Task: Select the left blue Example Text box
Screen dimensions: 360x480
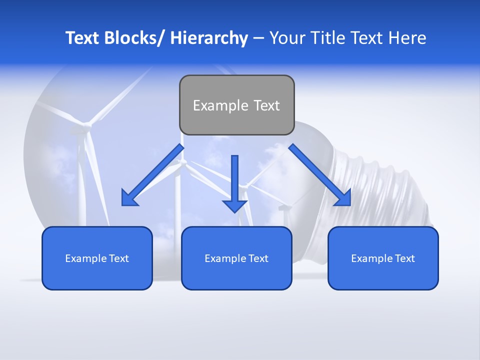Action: coord(97,272)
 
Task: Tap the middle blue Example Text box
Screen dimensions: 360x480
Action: coord(236,272)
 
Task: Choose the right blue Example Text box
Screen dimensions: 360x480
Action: coord(383,272)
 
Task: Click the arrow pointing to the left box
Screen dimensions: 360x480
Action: coord(152,175)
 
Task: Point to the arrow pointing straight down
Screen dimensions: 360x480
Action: coord(234,180)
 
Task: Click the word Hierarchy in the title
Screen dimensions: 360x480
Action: coord(209,38)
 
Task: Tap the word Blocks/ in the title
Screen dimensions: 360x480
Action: coord(134,38)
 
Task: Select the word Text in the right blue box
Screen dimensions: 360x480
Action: coord(404,258)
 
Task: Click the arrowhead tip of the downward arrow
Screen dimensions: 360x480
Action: coord(234,212)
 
